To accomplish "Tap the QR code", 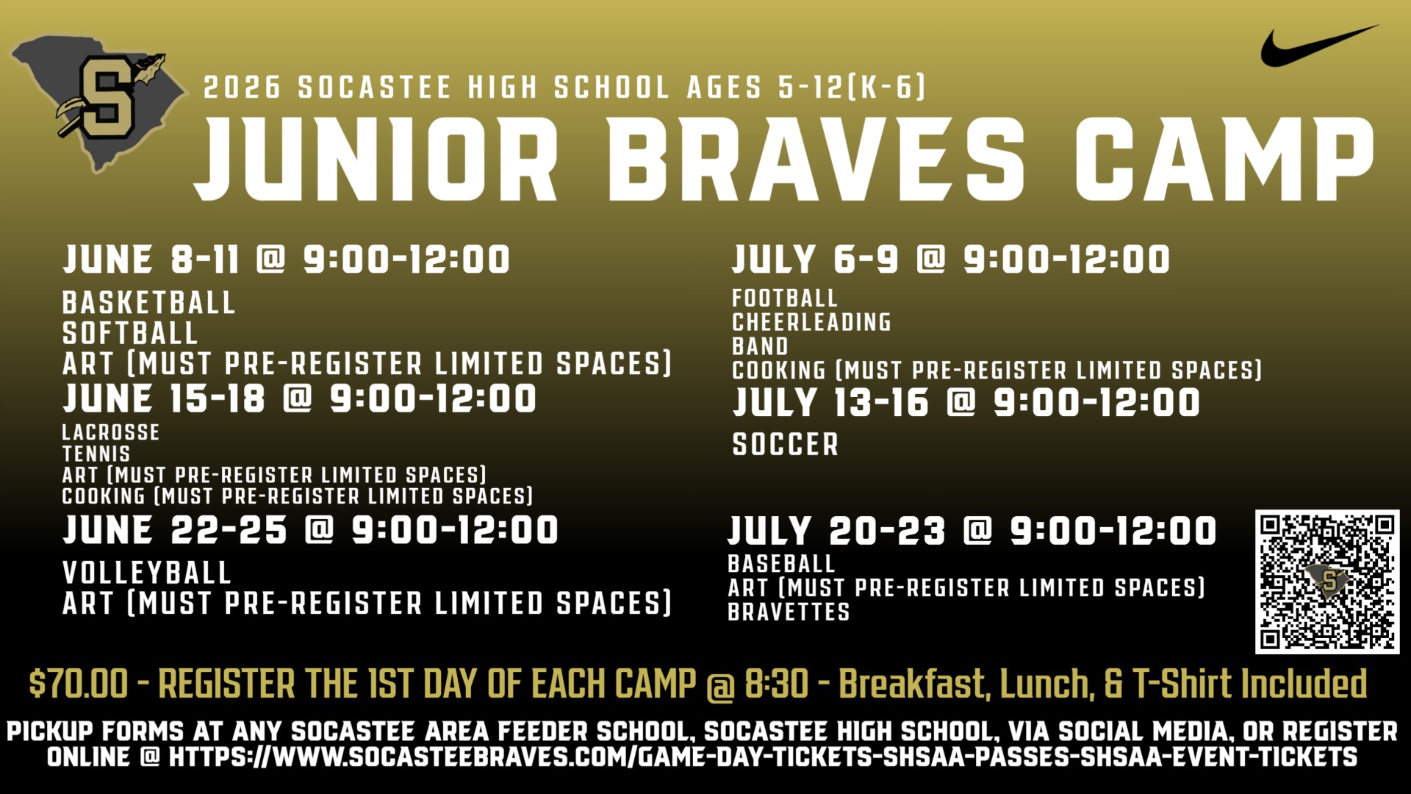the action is coord(1326,582).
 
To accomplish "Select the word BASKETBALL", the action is coord(148,303).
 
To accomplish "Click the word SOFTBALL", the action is coord(130,334).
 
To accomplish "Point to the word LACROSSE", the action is coord(110,432).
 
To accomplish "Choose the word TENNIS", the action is coord(96,454).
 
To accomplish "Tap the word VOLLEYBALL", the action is coord(147,573).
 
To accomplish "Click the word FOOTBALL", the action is coord(784,298).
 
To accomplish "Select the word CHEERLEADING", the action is coord(811,322).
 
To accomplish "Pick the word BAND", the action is coord(760,346).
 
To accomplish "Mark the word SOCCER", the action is coord(786,444).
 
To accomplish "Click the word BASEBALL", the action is coord(781,564).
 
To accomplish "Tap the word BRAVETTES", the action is coord(789,612).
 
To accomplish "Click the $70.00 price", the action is coord(78,684).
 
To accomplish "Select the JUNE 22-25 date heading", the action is coord(175,530).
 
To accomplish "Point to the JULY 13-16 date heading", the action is coord(830,403).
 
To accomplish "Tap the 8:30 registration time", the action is coord(776,684).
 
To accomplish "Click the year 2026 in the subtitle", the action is coord(242,87).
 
